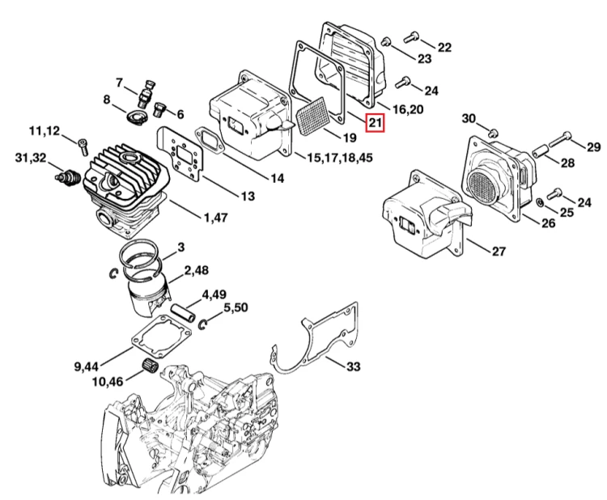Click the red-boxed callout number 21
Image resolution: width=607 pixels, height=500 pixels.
[375, 123]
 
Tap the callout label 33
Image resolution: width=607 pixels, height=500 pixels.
[353, 366]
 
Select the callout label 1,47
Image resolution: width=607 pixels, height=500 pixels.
[215, 218]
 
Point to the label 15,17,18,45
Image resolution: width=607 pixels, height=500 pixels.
[339, 158]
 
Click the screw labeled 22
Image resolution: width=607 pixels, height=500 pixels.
[411, 37]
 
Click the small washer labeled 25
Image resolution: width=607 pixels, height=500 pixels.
[539, 202]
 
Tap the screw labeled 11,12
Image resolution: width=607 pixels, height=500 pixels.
[83, 146]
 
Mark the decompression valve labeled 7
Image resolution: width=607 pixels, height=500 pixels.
[145, 94]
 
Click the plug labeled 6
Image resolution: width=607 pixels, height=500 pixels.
[159, 108]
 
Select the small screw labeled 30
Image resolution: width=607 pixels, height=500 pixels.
[493, 133]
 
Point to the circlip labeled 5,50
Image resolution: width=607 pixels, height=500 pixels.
[203, 324]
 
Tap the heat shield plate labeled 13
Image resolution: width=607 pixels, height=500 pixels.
[180, 153]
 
